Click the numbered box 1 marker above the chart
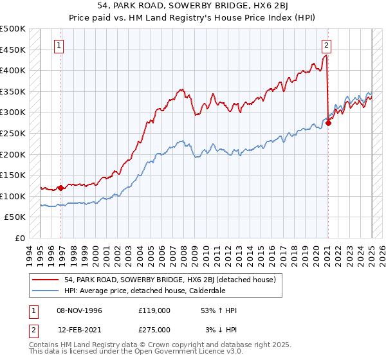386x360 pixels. coord(59,45)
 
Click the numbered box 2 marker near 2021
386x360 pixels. coord(327,45)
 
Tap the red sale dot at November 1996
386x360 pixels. coord(61,188)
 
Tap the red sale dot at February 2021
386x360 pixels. coord(329,123)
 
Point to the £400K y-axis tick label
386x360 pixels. coord(13,71)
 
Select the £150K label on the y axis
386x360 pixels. coord(13,175)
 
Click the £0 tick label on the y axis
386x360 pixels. coord(19,238)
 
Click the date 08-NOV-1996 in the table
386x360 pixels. coord(79,310)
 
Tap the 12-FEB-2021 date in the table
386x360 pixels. coord(79,329)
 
